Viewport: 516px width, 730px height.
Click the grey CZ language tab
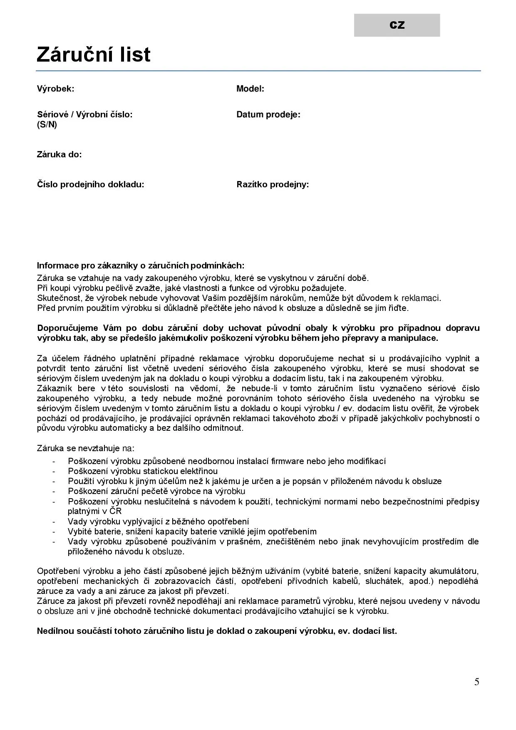(x=397, y=25)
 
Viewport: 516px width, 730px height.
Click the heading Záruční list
(x=93, y=55)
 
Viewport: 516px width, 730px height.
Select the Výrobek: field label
(x=55, y=89)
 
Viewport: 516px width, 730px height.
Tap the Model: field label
(x=250, y=89)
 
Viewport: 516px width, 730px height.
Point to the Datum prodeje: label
(x=268, y=114)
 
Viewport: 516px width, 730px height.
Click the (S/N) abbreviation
(x=47, y=124)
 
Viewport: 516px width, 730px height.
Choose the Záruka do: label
(x=59, y=154)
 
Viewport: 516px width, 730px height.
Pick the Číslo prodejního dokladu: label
(x=90, y=184)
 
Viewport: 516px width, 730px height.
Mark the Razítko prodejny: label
(x=273, y=184)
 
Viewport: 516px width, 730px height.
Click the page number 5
(x=476, y=682)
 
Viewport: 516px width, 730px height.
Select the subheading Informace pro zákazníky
(x=141, y=266)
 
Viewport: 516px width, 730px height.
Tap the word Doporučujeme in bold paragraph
(x=67, y=328)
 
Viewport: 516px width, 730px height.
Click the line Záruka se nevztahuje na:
(x=86, y=448)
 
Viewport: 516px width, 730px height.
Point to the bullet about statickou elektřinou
(x=143, y=471)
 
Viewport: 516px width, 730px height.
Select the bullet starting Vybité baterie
(x=192, y=531)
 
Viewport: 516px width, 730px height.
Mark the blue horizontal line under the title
(x=258, y=71)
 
